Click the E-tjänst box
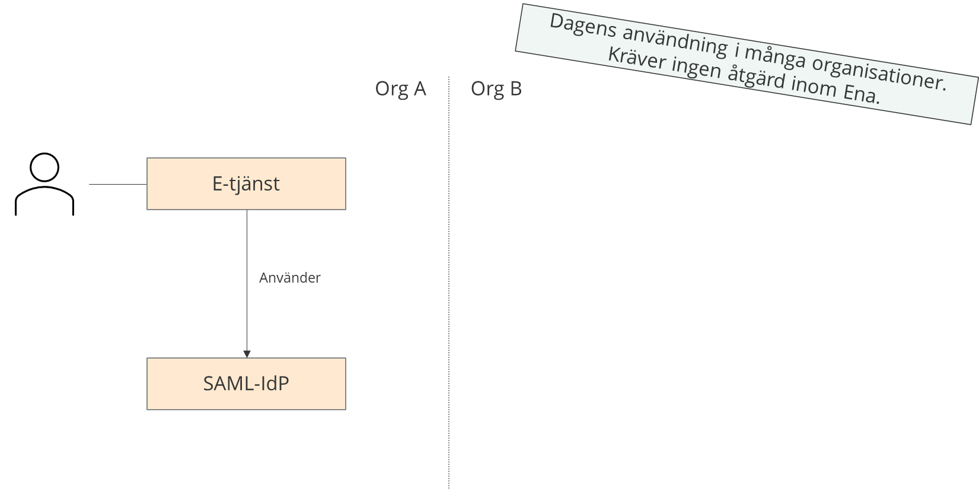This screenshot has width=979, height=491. point(246,184)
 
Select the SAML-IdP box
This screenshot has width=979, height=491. point(246,384)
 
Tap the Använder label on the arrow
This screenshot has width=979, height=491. point(289,278)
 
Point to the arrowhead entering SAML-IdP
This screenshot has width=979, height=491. point(247,354)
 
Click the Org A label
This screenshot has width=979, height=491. point(400,89)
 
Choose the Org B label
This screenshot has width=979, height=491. point(496,89)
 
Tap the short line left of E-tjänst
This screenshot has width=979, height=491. point(117,185)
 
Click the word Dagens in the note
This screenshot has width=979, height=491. point(583,27)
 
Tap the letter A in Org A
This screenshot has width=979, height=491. point(419,89)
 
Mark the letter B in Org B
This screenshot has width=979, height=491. point(515,89)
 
